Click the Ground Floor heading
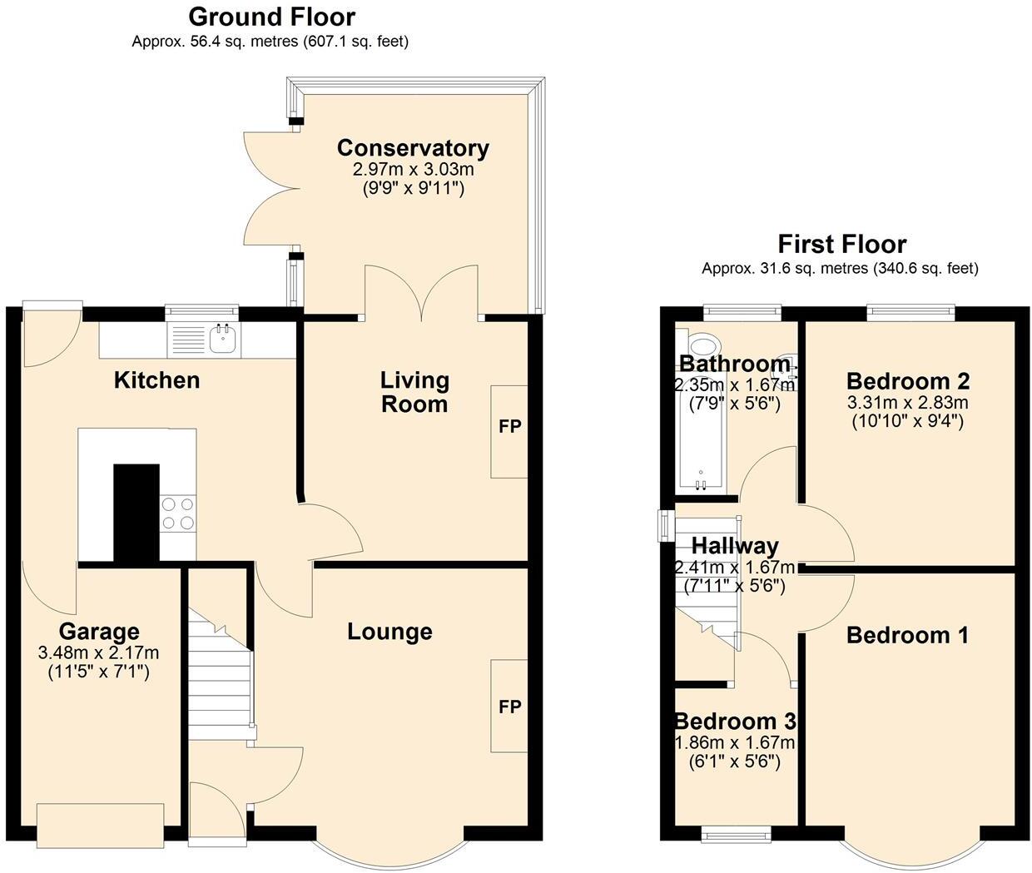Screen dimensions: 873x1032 coord(271,17)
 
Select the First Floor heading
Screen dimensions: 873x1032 coord(841,244)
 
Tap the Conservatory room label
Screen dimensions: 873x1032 coord(413,148)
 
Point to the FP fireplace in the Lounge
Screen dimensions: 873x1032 coord(509,706)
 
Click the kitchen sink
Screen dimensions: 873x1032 coord(223,338)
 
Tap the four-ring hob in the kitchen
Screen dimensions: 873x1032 coord(177,513)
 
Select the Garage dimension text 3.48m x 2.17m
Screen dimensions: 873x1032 coord(98,652)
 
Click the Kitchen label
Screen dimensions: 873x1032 coord(156,380)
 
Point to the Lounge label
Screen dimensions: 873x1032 coord(389,632)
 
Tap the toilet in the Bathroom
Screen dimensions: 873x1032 coord(705,345)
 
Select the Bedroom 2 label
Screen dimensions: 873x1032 coord(908,381)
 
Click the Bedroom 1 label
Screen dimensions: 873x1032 coord(907,636)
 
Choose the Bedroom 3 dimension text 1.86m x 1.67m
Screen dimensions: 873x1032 coord(735,742)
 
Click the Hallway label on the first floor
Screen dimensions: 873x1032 coord(735,546)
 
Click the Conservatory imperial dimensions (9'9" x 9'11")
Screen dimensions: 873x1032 coord(413,188)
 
